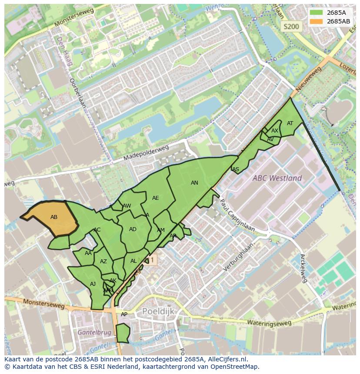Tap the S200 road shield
(291, 26)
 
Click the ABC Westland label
(277, 178)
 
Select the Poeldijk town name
(158, 311)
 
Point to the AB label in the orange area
(54, 217)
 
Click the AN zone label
(194, 183)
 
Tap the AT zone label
(290, 123)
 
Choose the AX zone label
(275, 131)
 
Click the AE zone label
(155, 198)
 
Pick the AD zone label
(133, 229)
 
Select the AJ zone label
(93, 284)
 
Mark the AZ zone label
(103, 261)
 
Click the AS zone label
(236, 169)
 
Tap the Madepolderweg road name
(146, 153)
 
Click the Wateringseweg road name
(269, 323)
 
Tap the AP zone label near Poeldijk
(124, 314)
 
